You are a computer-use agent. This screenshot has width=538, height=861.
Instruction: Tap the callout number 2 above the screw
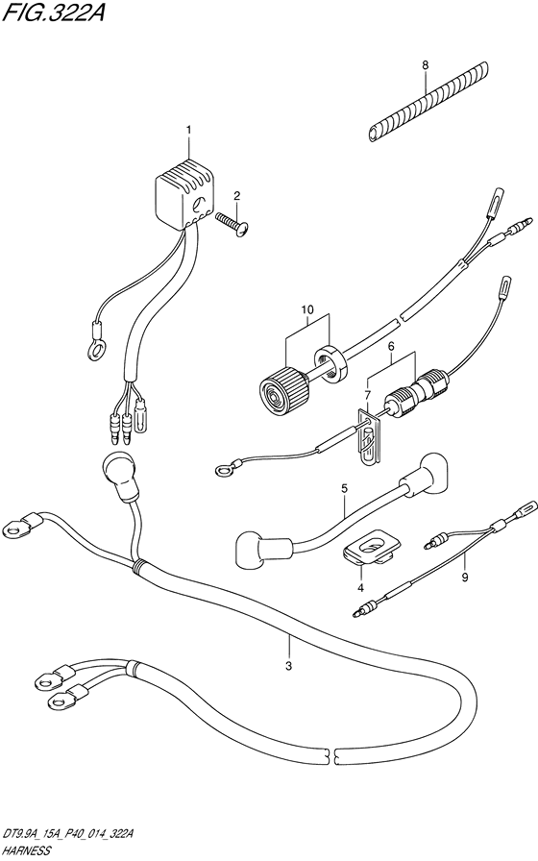(x=236, y=195)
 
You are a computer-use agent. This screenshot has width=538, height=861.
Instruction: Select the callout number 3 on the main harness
(x=289, y=667)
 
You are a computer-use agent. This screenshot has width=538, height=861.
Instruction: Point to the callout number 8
(x=425, y=64)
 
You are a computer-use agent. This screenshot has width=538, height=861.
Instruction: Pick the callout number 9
(x=464, y=578)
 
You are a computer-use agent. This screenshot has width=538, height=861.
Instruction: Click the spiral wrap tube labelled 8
(x=426, y=101)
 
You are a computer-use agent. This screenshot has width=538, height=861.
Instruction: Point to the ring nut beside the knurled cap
(x=330, y=363)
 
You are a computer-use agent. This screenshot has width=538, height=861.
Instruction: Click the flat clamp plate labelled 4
(x=371, y=547)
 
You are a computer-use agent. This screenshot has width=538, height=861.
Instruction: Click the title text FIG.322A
(x=52, y=13)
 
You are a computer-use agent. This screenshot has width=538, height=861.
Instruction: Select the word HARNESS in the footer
(x=26, y=851)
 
